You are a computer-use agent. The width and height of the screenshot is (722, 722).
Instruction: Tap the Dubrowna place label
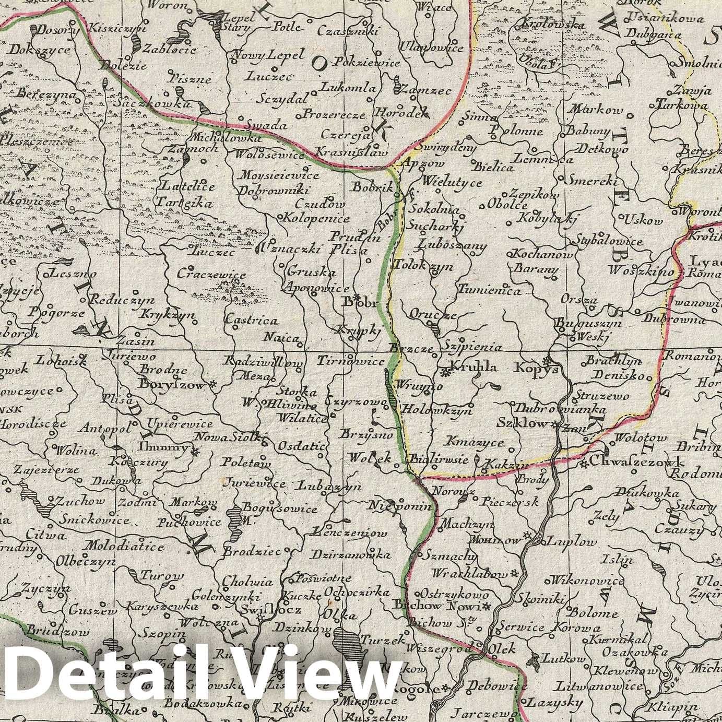(x=674, y=319)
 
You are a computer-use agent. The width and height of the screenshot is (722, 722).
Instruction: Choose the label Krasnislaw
(x=351, y=152)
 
